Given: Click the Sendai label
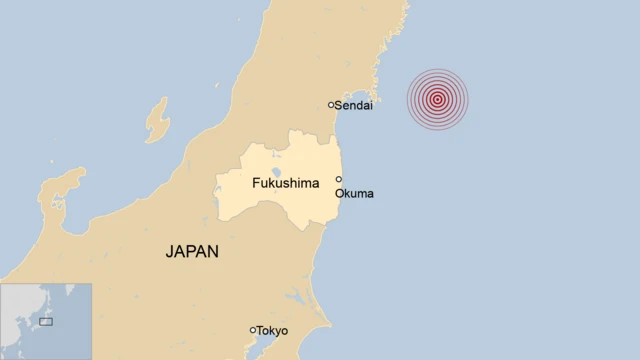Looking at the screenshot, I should [354, 105].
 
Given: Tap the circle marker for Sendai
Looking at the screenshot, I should [331, 104].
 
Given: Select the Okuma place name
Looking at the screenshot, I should [355, 193].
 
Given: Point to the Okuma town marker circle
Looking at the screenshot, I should [338, 180].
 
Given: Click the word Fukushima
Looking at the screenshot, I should [285, 183].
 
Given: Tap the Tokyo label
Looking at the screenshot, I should [272, 330].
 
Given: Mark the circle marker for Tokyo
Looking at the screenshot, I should [252, 330].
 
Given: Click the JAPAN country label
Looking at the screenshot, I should [192, 252].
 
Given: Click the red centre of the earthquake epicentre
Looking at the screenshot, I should [437, 98].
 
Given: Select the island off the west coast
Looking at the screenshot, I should [157, 119].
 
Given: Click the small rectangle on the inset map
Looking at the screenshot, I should [46, 321].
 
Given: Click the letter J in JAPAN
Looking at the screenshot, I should [169, 252].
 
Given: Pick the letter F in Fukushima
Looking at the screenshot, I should [255, 183].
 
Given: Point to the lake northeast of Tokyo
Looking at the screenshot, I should [297, 297].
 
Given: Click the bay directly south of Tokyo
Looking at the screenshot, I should [262, 347].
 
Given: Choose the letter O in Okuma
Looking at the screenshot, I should [340, 193].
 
